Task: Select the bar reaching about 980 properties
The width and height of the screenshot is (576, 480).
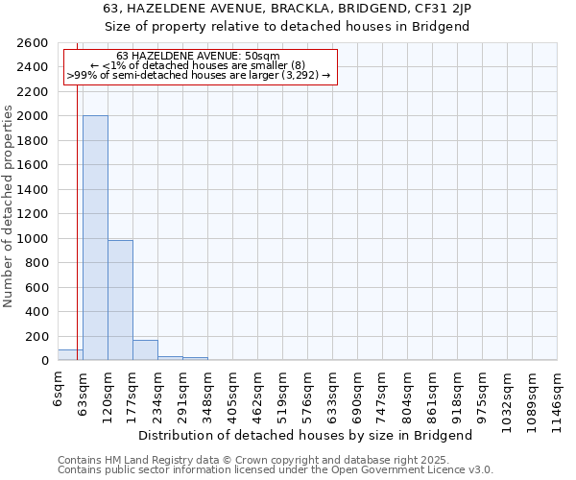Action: click(120, 300)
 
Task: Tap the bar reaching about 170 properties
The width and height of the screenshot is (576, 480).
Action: click(145, 350)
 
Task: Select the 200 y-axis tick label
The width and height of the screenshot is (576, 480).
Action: click(39, 336)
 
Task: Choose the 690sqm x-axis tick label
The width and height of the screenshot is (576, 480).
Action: click(358, 392)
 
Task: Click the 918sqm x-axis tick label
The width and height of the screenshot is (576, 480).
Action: click(458, 392)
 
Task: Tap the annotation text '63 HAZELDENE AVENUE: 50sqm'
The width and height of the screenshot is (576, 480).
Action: click(198, 57)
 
